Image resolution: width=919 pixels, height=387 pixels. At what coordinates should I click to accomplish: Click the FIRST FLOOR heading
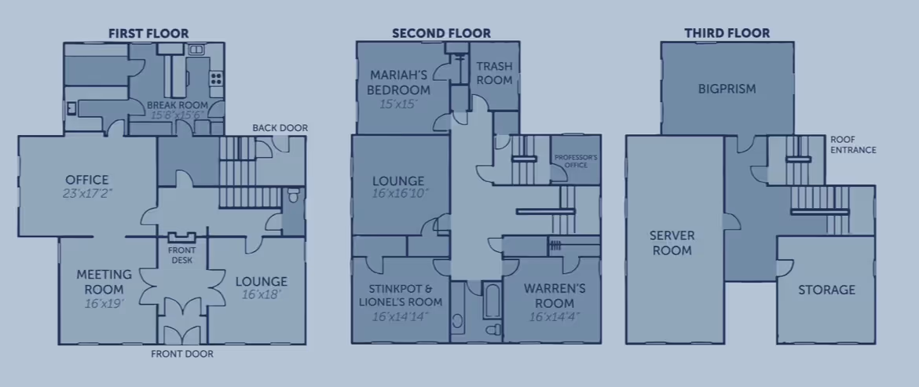(148, 33)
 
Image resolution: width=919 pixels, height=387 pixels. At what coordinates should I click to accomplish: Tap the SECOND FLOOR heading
(441, 33)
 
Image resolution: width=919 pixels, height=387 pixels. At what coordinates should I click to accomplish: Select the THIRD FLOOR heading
(727, 33)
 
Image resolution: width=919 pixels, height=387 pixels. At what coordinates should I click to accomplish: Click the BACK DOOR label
(280, 128)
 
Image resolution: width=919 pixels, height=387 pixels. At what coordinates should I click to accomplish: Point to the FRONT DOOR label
(182, 354)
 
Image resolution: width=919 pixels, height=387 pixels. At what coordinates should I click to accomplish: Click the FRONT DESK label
(182, 255)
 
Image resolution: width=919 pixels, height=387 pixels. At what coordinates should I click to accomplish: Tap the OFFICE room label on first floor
(87, 180)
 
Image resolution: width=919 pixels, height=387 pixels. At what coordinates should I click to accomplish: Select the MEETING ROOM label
(101, 283)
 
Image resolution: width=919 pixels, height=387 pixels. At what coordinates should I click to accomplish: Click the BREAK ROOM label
(177, 104)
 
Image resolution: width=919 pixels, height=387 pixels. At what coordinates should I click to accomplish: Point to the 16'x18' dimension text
(262, 296)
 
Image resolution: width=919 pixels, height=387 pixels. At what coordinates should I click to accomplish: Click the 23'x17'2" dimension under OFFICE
(87, 193)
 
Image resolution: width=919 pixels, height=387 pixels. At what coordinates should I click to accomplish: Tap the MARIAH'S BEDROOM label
(399, 82)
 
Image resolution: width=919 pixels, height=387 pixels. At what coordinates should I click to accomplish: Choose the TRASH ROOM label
(495, 74)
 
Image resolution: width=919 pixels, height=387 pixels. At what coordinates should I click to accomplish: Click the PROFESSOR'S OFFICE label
(576, 162)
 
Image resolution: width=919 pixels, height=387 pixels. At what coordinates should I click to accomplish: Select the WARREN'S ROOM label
(555, 296)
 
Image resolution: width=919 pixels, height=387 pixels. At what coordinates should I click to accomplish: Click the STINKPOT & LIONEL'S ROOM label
(401, 295)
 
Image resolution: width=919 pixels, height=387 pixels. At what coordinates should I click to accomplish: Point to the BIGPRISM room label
(727, 89)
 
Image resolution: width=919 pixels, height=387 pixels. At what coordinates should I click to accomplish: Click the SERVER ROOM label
(672, 243)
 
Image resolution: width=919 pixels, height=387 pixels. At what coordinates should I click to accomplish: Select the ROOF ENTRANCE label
(853, 144)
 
